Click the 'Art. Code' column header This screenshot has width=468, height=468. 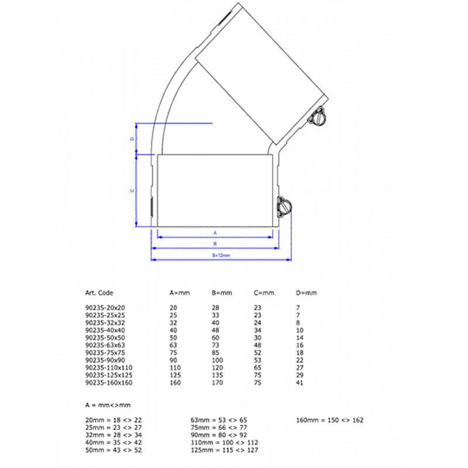[99, 292]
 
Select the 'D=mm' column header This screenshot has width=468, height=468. [307, 292]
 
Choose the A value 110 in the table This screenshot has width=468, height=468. [175, 367]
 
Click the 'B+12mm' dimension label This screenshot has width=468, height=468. [221, 256]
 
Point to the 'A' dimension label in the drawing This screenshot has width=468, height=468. [215, 232]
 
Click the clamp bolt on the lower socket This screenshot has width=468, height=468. [285, 207]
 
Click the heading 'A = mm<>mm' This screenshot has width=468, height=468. [108, 405]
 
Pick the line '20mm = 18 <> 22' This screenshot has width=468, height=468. [113, 420]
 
